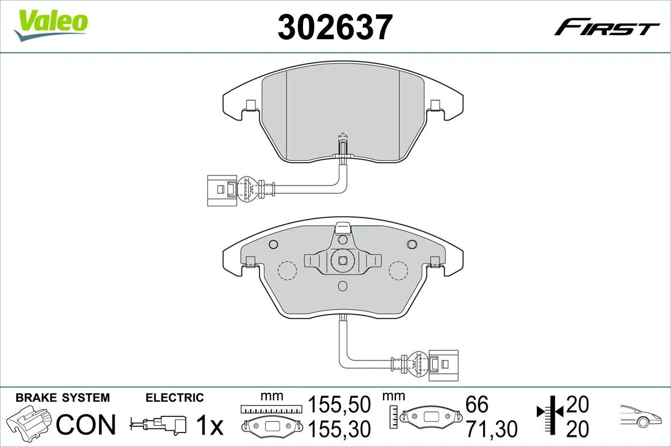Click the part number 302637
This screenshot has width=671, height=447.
tap(334, 26)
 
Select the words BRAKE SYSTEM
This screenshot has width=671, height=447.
tap(63, 398)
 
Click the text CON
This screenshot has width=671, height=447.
tap(86, 425)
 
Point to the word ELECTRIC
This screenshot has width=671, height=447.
tap(174, 398)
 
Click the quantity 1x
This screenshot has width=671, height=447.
tap(210, 426)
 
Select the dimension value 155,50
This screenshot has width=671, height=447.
tap(339, 403)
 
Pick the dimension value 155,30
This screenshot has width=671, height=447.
tap(339, 429)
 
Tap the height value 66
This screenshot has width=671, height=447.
tap(476, 403)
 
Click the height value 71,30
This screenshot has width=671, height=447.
tap(491, 429)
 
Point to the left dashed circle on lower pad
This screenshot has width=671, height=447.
tap(287, 270)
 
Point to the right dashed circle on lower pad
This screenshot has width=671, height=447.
tap(399, 270)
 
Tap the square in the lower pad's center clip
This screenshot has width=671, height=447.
tap(342, 260)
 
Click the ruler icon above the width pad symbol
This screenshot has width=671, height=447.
tap(271, 410)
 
